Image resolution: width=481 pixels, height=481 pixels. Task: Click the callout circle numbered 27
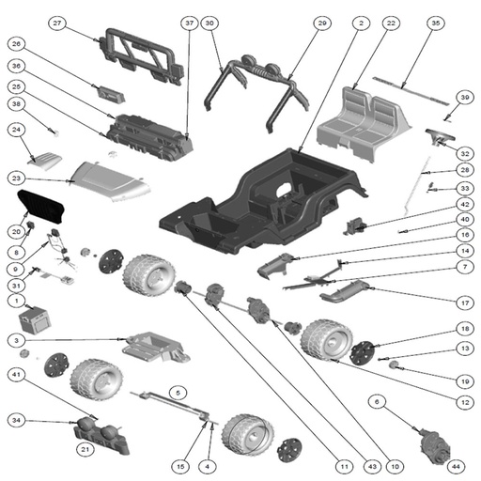pyautogui.click(x=57, y=23)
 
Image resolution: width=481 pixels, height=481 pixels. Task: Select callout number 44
pyautogui.click(x=456, y=466)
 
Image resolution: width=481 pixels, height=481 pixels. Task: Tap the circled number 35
pyautogui.click(x=436, y=23)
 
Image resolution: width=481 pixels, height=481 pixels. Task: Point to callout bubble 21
pyautogui.click(x=85, y=449)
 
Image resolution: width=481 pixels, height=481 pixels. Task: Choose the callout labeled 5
pyautogui.click(x=178, y=393)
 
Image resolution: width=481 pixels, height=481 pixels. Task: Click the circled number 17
pyautogui.click(x=465, y=303)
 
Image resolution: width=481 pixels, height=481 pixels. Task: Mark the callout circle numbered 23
pyautogui.click(x=16, y=178)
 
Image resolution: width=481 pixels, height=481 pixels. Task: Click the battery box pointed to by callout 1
pyautogui.click(x=34, y=320)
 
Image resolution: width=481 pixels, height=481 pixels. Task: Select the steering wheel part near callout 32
pyautogui.click(x=440, y=136)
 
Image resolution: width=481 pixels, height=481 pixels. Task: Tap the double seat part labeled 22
pyautogui.click(x=364, y=124)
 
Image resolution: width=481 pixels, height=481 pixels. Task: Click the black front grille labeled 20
pyautogui.click(x=40, y=207)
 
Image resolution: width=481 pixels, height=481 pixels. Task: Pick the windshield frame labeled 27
pyautogui.click(x=141, y=56)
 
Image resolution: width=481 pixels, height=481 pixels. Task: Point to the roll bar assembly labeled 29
pyautogui.click(x=256, y=91)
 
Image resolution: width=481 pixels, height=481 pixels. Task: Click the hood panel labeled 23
pyautogui.click(x=111, y=181)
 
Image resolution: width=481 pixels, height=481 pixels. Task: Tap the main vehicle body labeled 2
pyautogui.click(x=263, y=200)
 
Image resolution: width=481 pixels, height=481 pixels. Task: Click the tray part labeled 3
pyautogui.click(x=156, y=347)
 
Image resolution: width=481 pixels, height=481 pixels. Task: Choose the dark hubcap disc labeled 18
pyautogui.click(x=363, y=353)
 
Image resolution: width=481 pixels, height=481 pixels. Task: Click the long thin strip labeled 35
pyautogui.click(x=411, y=90)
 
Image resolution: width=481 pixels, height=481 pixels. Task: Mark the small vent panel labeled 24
pyautogui.click(x=44, y=161)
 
